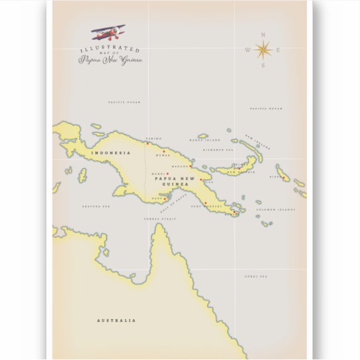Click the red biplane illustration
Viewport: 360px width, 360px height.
coord(108,32)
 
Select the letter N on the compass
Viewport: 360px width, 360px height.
coord(263,35)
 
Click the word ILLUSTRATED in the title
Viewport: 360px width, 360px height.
coord(110,50)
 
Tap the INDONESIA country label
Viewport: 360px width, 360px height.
coord(111,153)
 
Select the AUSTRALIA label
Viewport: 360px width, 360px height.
coord(116,320)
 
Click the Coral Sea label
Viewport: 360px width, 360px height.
coord(256,276)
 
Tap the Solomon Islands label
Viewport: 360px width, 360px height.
coord(275,210)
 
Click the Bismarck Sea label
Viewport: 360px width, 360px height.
coord(218,150)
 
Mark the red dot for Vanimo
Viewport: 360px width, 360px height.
coord(148,143)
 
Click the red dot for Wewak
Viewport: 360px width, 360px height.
coord(164,151)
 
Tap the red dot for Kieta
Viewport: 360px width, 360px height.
coord(283,178)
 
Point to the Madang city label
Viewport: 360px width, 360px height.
coord(180,166)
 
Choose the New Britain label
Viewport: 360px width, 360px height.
coord(241,172)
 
